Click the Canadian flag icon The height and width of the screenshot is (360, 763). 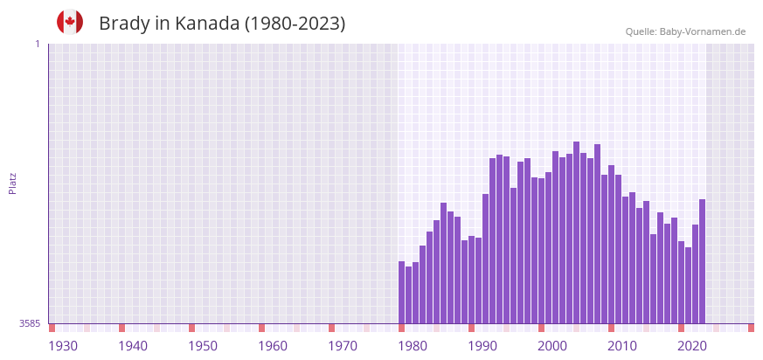point(70,23)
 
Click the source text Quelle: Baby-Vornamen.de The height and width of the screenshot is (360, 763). point(685,31)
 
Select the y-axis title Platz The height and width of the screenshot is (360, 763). point(12,183)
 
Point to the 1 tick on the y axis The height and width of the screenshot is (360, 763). point(38,44)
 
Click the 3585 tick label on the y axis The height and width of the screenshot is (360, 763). point(30,323)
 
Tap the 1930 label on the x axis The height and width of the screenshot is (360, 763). point(63,346)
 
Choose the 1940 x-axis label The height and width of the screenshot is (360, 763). point(133,346)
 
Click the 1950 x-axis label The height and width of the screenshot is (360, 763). point(203,346)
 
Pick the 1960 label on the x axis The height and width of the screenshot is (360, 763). point(273,346)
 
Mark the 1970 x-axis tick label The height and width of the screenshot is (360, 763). point(343,346)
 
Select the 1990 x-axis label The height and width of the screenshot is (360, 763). point(482,346)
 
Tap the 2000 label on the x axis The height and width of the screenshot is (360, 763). point(552,346)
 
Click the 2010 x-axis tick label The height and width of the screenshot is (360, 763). point(622,346)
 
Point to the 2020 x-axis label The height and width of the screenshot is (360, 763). point(692,346)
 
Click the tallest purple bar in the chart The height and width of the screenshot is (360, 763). point(577,232)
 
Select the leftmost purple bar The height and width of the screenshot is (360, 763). point(402,293)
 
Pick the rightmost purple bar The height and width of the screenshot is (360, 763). point(702,262)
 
